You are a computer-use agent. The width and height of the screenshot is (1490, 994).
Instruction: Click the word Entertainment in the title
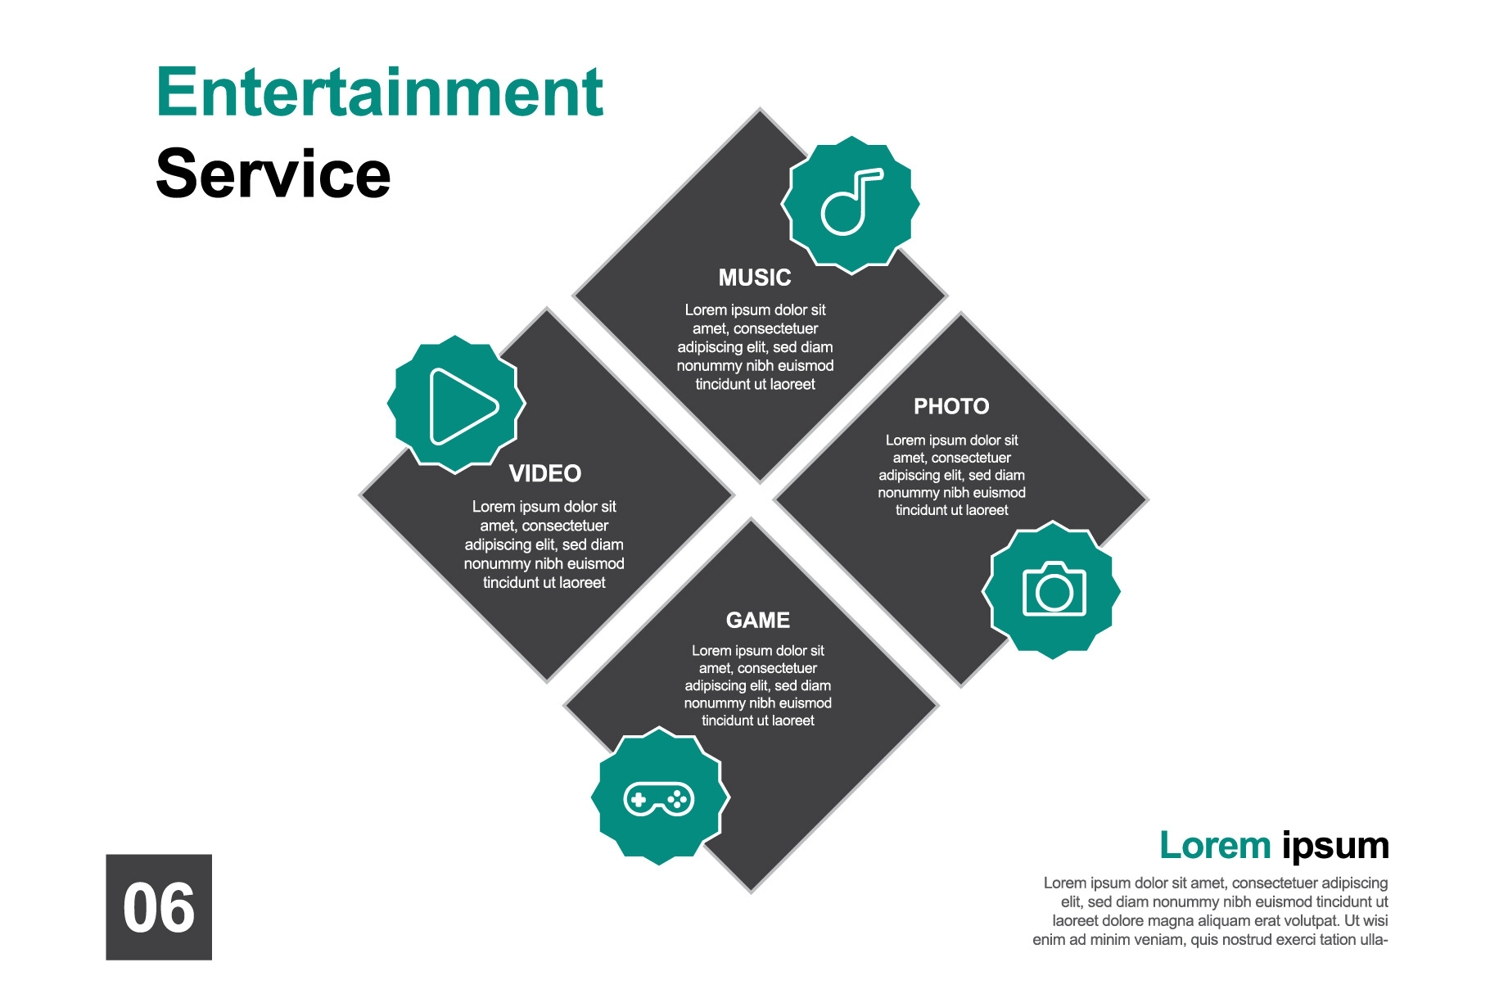pyautogui.click(x=379, y=93)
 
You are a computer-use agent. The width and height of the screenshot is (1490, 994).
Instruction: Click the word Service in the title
pyautogui.click(x=273, y=174)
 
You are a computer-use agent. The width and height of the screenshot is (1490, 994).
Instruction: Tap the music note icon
pyautogui.click(x=851, y=203)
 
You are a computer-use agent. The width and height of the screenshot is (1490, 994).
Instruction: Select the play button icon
pyautogui.click(x=459, y=405)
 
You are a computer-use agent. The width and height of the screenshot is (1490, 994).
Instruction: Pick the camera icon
pyautogui.click(x=1054, y=590)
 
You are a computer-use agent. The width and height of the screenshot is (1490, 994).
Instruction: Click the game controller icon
pyautogui.click(x=659, y=798)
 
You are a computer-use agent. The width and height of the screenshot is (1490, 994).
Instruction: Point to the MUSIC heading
pyautogui.click(x=754, y=278)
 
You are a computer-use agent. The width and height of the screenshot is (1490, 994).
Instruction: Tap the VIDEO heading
pyautogui.click(x=544, y=473)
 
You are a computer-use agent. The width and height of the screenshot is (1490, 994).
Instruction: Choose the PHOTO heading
pyautogui.click(x=951, y=406)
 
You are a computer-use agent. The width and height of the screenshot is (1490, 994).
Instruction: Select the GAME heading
pyautogui.click(x=757, y=620)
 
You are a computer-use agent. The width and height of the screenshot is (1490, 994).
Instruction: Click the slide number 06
pyautogui.click(x=159, y=907)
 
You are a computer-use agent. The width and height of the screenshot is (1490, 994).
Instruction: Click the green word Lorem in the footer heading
pyautogui.click(x=1214, y=846)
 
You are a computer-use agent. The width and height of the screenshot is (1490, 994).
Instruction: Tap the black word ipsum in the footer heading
pyautogui.click(x=1335, y=846)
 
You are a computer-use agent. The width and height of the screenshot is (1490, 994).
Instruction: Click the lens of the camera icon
pyautogui.click(x=1054, y=593)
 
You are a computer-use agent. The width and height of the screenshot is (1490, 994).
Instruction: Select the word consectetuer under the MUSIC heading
pyautogui.click(x=775, y=328)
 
